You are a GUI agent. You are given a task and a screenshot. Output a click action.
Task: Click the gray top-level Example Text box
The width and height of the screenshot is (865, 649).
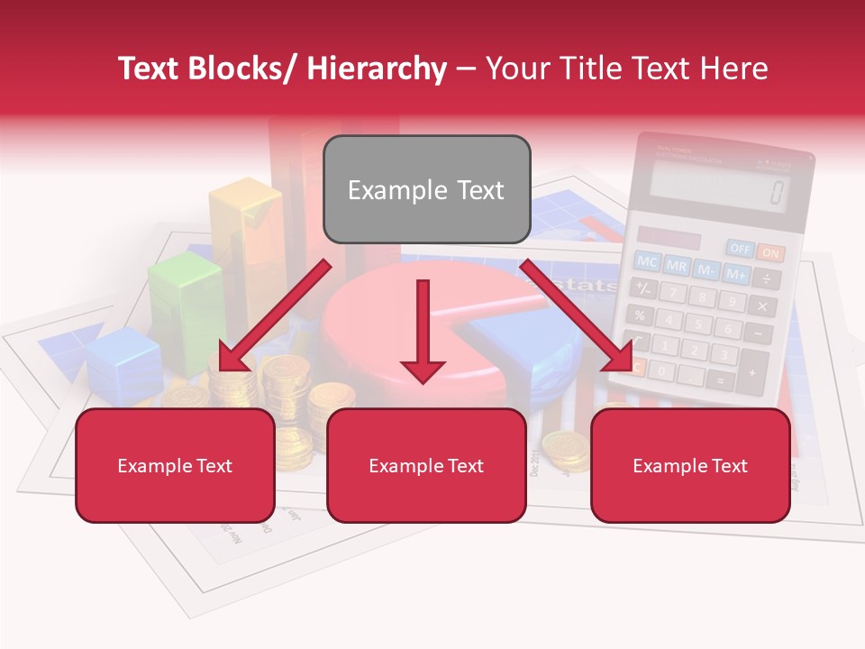click(426, 189)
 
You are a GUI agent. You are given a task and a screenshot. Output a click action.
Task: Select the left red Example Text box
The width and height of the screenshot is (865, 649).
click(175, 465)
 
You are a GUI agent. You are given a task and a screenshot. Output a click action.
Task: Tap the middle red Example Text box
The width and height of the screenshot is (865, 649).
click(426, 465)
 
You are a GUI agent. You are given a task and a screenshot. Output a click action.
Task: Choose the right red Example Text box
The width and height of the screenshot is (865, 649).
click(690, 465)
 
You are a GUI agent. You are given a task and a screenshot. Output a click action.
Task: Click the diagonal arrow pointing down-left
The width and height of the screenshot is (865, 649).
click(274, 315)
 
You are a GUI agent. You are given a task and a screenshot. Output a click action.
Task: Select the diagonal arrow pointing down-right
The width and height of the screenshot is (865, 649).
click(577, 315)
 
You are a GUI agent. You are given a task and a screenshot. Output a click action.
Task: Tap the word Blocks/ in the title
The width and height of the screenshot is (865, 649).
click(242, 69)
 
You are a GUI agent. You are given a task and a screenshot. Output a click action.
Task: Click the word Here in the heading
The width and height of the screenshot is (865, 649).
click(733, 69)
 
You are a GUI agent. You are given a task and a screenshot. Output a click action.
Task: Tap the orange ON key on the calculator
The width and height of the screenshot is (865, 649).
click(769, 252)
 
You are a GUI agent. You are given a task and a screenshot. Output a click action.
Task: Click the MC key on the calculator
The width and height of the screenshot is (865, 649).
click(647, 261)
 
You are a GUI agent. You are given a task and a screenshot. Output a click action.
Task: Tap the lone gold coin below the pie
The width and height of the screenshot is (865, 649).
click(565, 448)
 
